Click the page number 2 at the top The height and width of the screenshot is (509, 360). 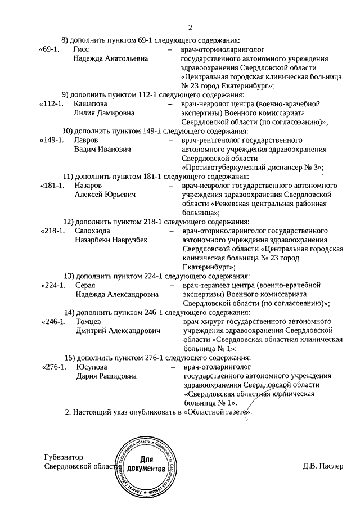click(190, 28)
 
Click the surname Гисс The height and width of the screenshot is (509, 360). click(82, 49)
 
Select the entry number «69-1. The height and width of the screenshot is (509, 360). click(49, 49)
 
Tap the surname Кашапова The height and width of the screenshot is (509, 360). click(91, 103)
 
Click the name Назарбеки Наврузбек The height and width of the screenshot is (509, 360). click(111, 240)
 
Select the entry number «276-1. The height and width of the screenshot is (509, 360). click(55, 367)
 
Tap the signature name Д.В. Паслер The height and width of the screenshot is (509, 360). click(322, 466)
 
